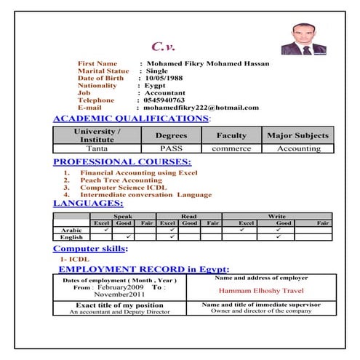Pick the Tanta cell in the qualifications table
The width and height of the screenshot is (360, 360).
[97, 148]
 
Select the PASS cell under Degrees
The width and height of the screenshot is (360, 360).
[171, 148]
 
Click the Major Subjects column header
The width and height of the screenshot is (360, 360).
[297, 135]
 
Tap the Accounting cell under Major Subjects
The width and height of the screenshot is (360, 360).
[298, 148]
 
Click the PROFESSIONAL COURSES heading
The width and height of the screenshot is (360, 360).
[122, 161]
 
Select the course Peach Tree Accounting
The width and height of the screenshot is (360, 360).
[121, 180]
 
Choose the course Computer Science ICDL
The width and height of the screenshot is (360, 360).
[124, 187]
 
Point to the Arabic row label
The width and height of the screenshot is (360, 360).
[71, 229]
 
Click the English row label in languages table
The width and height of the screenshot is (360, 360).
[71, 237]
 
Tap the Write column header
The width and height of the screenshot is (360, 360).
[276, 216]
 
